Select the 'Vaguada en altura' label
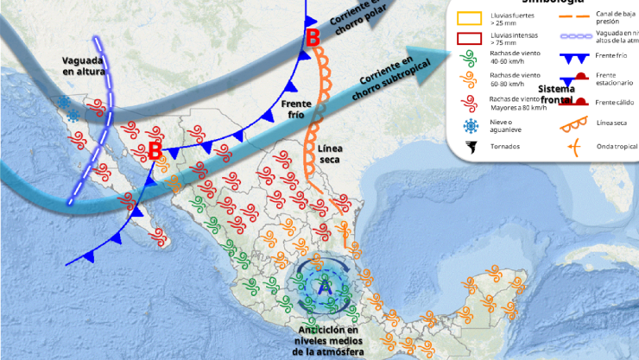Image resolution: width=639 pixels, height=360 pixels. point(84,66)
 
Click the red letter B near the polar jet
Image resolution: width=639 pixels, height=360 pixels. point(313,37)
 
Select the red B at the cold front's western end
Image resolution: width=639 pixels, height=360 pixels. point(155,150)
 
